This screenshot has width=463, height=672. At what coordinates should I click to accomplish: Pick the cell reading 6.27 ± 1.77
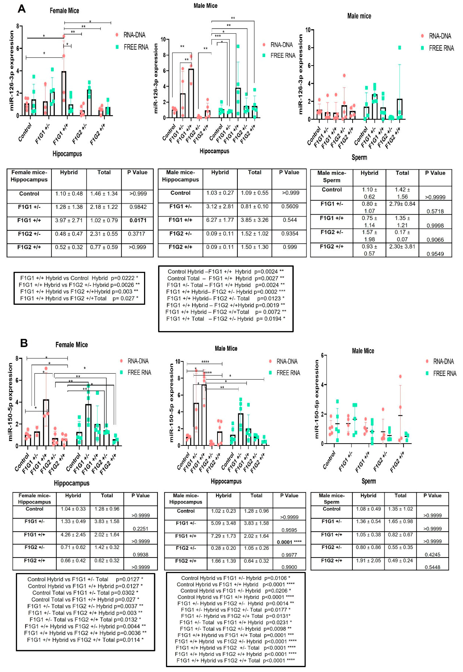[220, 220]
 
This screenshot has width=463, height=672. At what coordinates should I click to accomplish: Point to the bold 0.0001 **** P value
[289, 542]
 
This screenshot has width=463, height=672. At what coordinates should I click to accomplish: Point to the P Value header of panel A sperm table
[435, 173]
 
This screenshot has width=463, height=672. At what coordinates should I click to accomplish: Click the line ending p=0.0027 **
[226, 278]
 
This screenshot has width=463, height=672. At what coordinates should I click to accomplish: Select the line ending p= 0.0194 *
[226, 319]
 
